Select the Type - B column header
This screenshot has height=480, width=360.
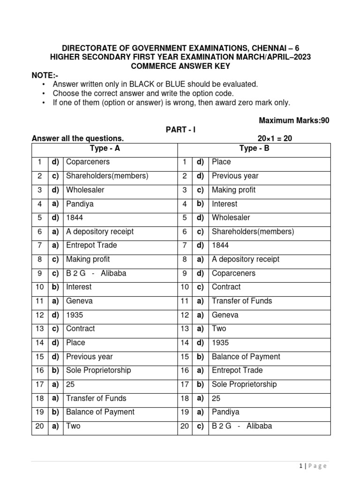tap(254, 149)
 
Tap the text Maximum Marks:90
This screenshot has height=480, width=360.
tap(294, 120)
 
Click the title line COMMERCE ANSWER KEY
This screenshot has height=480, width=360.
tap(180, 66)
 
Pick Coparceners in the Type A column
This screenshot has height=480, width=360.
tap(88, 162)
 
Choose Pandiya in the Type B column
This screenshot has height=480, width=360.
tap(225, 412)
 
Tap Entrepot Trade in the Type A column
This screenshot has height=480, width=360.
tap(91, 245)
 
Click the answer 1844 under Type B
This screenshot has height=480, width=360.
tap(221, 245)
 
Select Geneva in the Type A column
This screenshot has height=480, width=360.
tap(79, 301)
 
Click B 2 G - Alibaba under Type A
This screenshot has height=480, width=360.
tap(96, 273)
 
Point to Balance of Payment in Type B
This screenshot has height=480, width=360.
tap(246, 357)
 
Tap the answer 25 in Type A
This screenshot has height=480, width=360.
tap(71, 384)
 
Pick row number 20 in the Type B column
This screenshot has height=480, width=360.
tap(184, 426)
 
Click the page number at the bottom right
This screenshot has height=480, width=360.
tap(312, 465)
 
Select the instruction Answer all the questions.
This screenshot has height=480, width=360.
tap(77, 139)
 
